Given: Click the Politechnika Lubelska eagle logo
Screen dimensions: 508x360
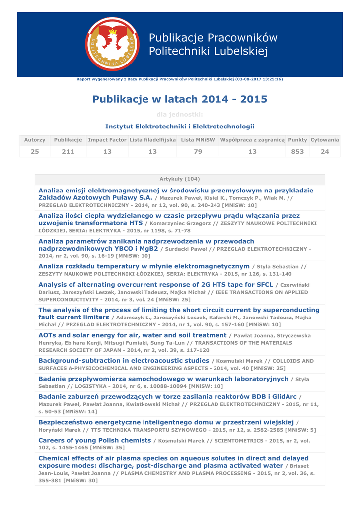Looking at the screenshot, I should coord(112,44).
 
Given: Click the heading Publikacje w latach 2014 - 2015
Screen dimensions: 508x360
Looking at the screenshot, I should coord(180,99).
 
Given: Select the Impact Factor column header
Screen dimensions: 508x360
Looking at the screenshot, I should coord(107,140).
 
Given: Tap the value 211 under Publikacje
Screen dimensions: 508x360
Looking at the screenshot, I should coord(68,151).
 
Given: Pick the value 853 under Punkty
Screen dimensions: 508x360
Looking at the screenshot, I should coord(297,151).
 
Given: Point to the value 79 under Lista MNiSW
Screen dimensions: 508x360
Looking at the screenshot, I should coord(198,151).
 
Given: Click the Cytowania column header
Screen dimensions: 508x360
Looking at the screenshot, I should coord(325,140).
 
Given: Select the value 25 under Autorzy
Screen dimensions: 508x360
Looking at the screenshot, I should coord(34,151).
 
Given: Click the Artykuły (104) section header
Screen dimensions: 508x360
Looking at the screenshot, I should coord(180,179).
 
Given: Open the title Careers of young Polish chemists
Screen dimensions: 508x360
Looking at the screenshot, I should coord(95,440).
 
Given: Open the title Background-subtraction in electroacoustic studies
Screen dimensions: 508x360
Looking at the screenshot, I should coord(124,360).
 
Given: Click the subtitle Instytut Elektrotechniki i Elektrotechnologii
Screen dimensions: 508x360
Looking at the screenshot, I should coord(180,127).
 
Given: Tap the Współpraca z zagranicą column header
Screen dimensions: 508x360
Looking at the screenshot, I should coord(252,140).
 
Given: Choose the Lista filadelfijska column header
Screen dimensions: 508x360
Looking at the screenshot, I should coord(152,140).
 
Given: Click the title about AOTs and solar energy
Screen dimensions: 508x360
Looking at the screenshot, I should coord(133,335).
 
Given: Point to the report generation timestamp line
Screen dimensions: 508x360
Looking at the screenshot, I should coord(180,79).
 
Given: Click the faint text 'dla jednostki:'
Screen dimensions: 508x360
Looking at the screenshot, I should coord(180,115).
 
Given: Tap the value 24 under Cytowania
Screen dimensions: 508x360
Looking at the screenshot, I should coord(325,151).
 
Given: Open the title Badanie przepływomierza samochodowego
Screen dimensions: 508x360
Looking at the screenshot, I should coord(163,379).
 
